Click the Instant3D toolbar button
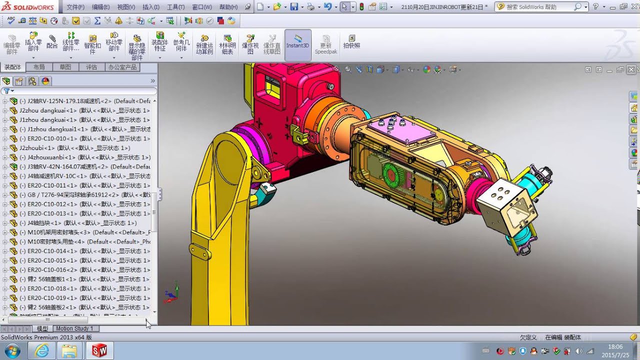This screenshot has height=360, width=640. tap(298, 42)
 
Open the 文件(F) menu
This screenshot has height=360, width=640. tap(75, 7)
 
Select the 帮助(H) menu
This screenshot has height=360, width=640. tap(228, 7)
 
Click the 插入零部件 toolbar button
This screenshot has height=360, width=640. tap(33, 42)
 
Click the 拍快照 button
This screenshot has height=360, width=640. tap(351, 42)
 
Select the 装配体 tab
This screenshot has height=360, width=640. tap(12, 67)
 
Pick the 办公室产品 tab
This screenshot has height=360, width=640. tap(122, 67)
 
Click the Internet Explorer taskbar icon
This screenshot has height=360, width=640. tap(41, 350)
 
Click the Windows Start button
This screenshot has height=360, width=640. tap(11, 350)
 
